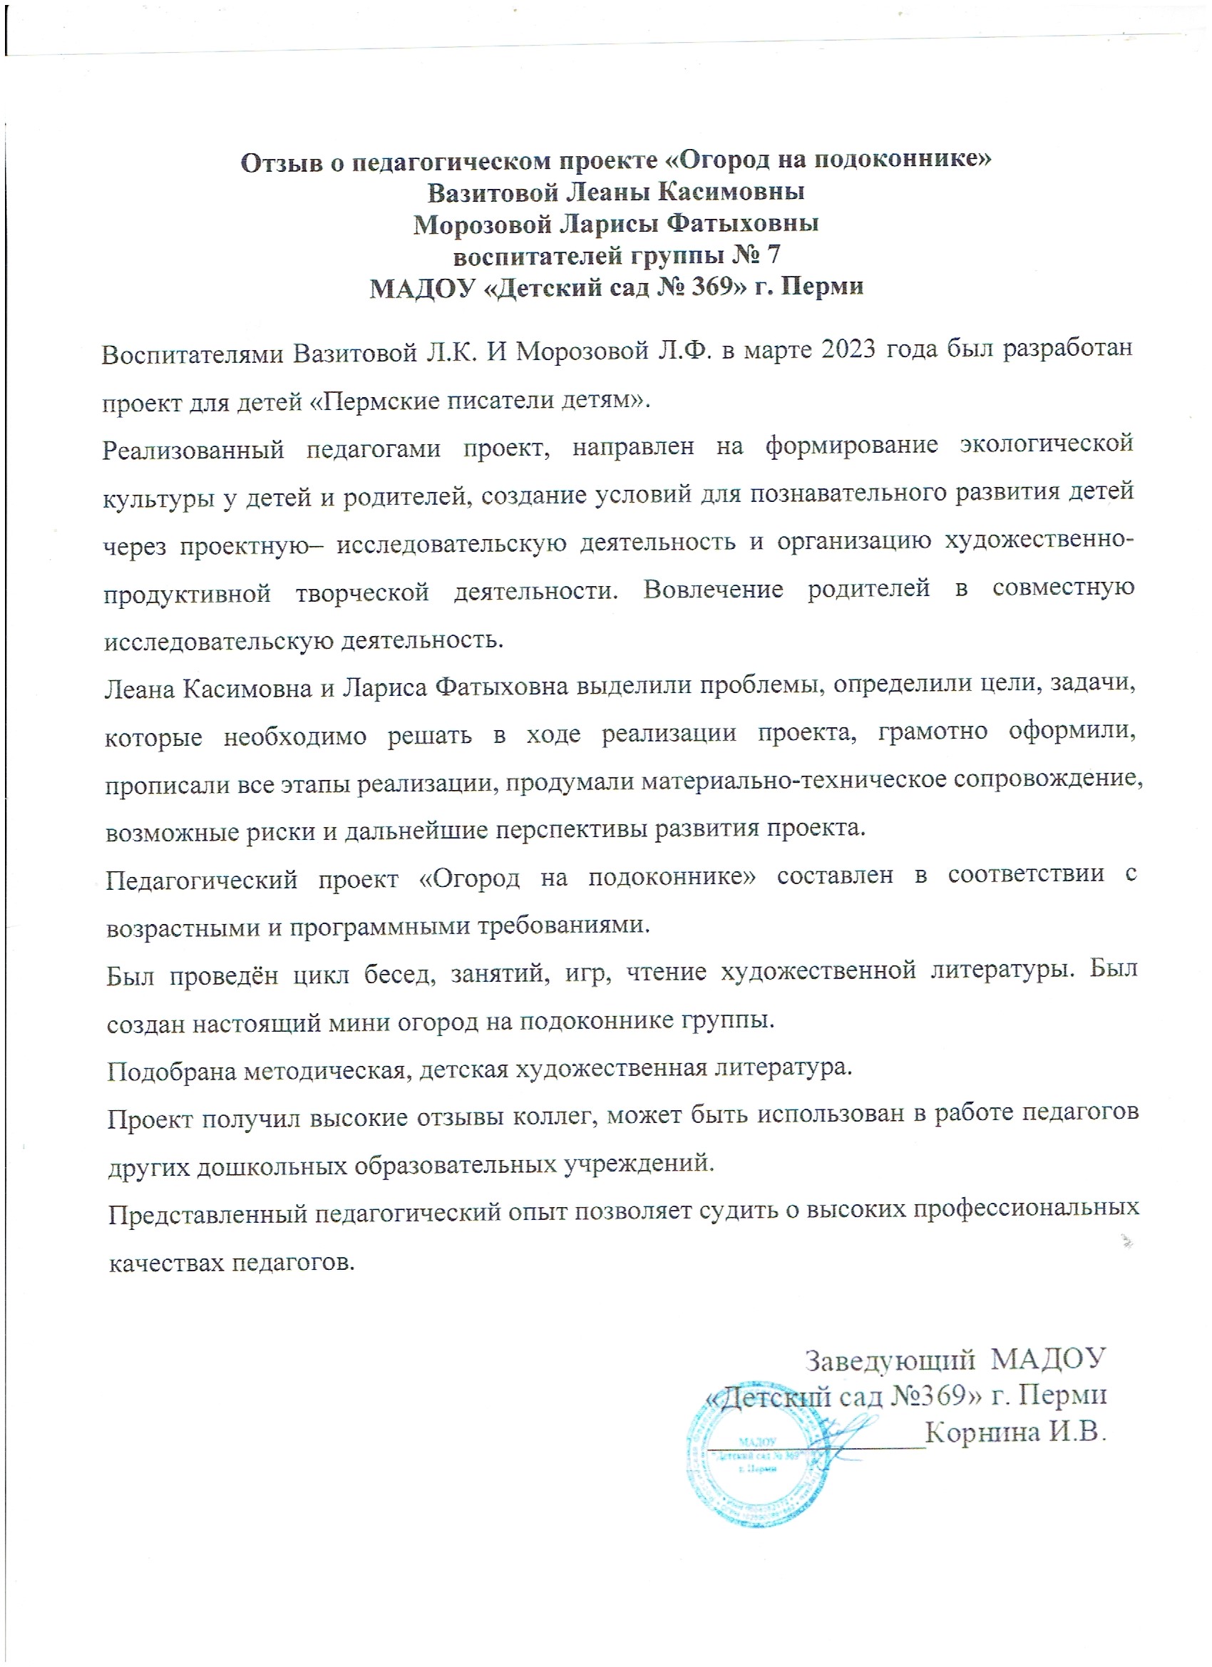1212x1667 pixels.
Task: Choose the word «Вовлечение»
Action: tap(713, 590)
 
